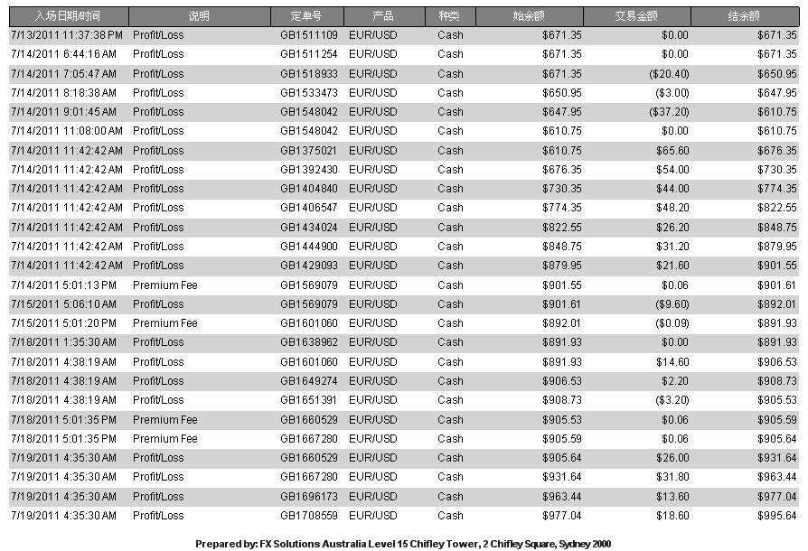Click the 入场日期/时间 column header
click(x=68, y=16)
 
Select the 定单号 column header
click(x=306, y=16)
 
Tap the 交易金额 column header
click(x=636, y=16)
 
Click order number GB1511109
click(x=309, y=35)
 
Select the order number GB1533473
click(x=309, y=93)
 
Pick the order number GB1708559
click(x=309, y=516)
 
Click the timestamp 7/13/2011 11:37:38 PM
click(x=67, y=35)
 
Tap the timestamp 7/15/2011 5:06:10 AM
click(x=63, y=304)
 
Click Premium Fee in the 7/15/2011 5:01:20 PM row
click(x=164, y=323)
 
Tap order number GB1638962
click(x=309, y=342)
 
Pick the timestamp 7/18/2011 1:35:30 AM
click(x=63, y=342)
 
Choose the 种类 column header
click(x=449, y=16)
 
